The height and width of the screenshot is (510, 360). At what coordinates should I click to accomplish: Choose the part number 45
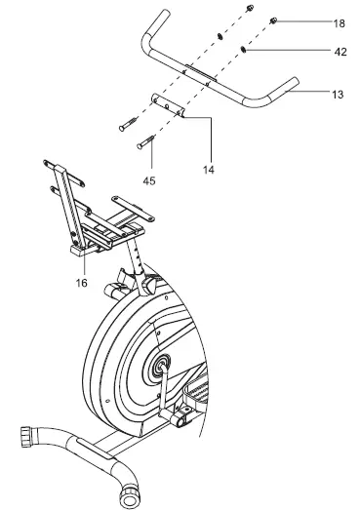coord(149,179)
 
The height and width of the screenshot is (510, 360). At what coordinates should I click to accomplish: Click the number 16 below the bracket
coord(82,282)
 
